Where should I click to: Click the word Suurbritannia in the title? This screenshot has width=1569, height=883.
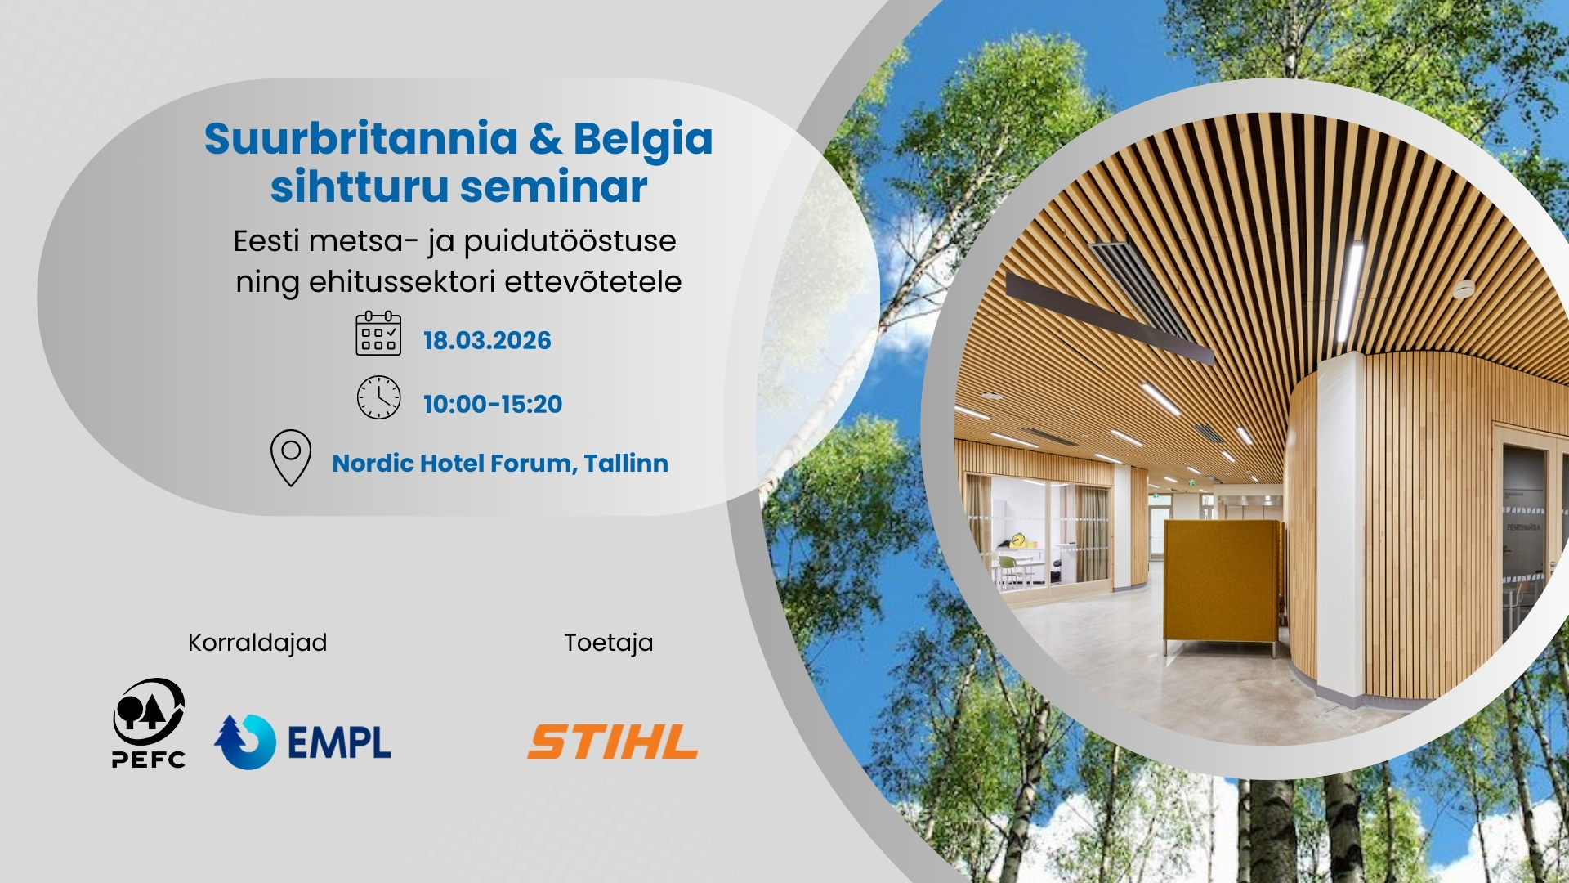(361, 138)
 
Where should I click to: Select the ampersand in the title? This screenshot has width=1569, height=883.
(546, 139)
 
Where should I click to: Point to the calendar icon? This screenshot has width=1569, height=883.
(378, 333)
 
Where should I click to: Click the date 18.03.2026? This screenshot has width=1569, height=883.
(487, 340)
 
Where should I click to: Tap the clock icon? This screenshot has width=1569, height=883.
(378, 397)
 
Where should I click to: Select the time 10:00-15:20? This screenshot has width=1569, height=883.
(493, 404)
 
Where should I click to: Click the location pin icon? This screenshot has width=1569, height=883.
(291, 458)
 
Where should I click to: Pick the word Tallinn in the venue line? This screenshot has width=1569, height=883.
(626, 464)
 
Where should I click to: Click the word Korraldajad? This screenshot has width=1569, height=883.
(257, 643)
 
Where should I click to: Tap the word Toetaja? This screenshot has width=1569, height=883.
(609, 643)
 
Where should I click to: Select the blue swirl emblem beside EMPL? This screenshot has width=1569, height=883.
(245, 742)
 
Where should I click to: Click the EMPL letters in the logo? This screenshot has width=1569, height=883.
(339, 742)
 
